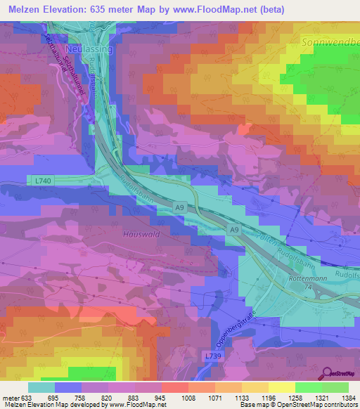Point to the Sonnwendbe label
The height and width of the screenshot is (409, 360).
pyautogui.click(x=330, y=43)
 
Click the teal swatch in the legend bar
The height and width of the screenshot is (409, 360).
pyautogui.click(x=41, y=387)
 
